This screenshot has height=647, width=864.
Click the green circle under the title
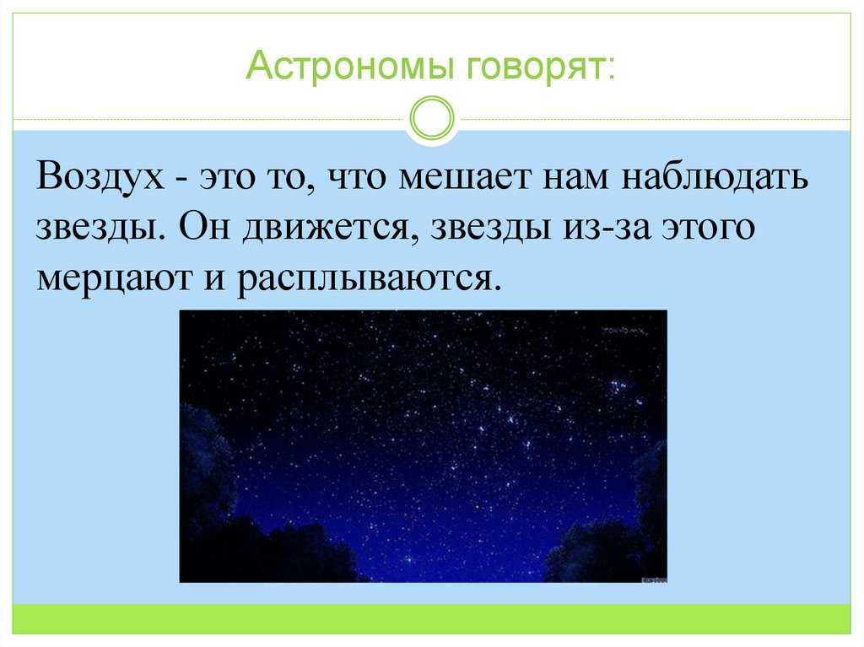click(431, 119)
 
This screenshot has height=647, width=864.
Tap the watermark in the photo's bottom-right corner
click(652, 579)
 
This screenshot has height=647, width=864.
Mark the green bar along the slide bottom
click(432, 618)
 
